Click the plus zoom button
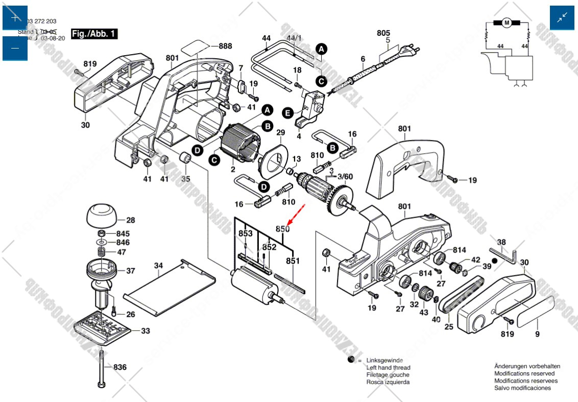click(15, 18)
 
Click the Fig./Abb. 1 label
click(94, 34)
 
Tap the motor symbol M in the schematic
click(507, 22)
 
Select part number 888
click(225, 46)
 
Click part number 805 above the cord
click(383, 33)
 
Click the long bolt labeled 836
click(102, 366)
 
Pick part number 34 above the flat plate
click(159, 266)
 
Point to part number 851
click(293, 261)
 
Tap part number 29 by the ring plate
click(280, 133)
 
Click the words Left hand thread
click(388, 368)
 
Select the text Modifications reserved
click(524, 373)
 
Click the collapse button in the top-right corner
click(562, 18)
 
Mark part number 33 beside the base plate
click(146, 331)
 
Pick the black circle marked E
click(287, 112)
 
